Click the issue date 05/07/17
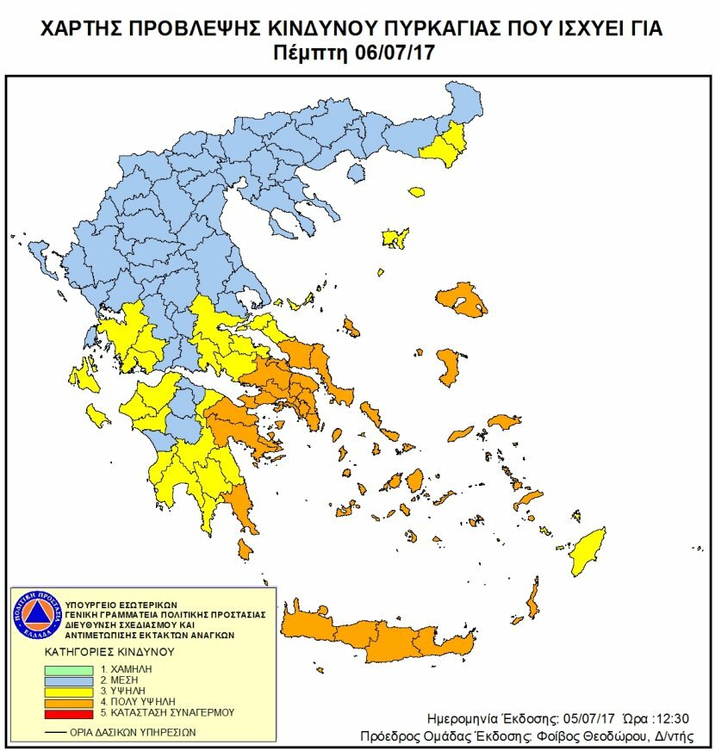point(589,717)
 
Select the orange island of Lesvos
point(463,299)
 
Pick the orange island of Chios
point(449,366)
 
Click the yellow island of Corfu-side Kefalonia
point(87,378)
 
